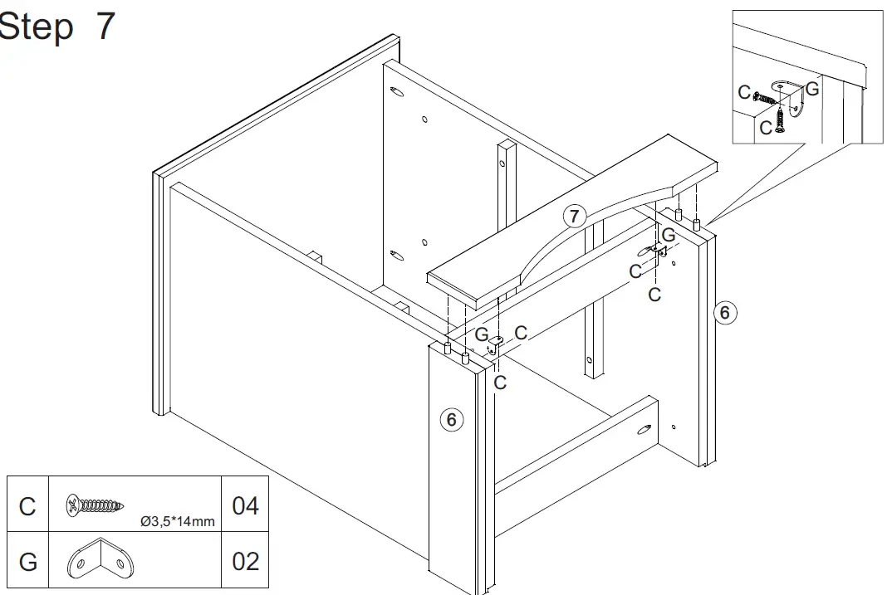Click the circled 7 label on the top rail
click(574, 217)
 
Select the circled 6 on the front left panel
click(451, 420)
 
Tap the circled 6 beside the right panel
click(724, 312)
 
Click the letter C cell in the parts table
click(27, 506)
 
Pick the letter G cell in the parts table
click(27, 562)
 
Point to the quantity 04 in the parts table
click(245, 505)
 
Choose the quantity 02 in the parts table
click(245, 562)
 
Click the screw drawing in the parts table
click(96, 504)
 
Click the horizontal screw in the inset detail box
click(768, 99)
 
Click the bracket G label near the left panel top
click(482, 335)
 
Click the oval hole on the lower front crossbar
click(644, 430)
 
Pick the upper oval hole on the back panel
click(396, 90)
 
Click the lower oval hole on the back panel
click(396, 255)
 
